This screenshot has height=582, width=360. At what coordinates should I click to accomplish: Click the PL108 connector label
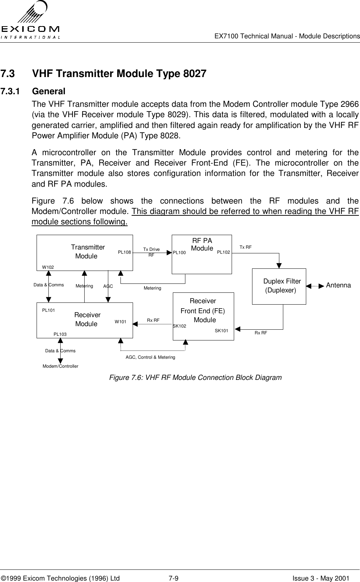(x=124, y=252)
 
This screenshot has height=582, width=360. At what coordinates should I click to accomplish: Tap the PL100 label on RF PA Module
(x=179, y=253)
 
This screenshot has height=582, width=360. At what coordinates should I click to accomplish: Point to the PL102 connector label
(x=223, y=252)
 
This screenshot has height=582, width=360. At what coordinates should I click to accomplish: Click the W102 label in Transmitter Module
(x=48, y=267)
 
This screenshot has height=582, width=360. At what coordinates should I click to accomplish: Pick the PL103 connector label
(x=60, y=334)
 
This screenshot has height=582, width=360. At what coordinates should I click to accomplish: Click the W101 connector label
(x=120, y=322)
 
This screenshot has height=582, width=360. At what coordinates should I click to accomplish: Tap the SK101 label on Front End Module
(x=221, y=330)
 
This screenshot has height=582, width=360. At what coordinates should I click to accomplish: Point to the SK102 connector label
(x=179, y=326)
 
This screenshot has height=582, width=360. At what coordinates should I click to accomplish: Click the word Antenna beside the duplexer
(x=338, y=285)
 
